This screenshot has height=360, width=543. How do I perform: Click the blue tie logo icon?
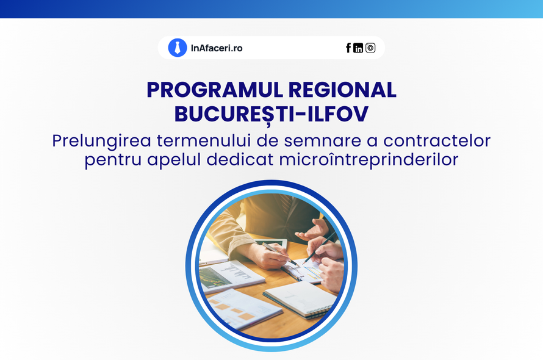[x=178, y=48]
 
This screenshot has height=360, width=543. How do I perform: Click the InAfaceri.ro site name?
[x=217, y=48]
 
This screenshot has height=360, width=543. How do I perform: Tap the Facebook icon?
[x=348, y=48]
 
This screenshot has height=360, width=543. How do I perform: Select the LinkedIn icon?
[x=358, y=48]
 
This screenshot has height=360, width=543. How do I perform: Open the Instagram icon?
[x=370, y=48]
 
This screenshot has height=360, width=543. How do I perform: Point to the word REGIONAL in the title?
[x=342, y=90]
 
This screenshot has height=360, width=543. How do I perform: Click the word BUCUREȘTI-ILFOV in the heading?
[x=271, y=114]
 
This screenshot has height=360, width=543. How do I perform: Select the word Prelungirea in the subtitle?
[x=101, y=141]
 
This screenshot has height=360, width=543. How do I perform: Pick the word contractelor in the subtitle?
[x=437, y=141]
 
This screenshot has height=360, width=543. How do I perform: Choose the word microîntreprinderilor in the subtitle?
[x=369, y=160]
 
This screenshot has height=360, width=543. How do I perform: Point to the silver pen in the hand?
[x=280, y=254]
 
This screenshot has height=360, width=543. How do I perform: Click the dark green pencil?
[x=319, y=247]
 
